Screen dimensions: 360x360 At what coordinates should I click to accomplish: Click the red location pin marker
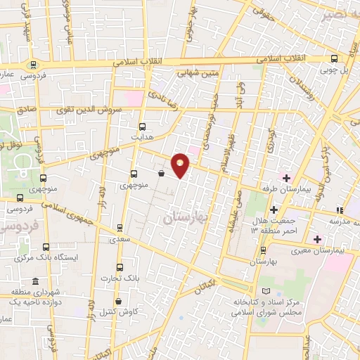coord(181,165)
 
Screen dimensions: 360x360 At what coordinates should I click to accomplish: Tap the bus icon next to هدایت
coord(143,127)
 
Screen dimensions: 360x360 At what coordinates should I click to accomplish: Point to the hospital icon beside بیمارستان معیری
coord(318,240)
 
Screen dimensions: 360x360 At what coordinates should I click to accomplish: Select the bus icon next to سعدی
coord(120,228)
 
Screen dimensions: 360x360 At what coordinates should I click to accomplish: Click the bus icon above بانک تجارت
coord(120,268)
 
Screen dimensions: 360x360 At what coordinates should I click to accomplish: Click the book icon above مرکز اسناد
coord(265,291)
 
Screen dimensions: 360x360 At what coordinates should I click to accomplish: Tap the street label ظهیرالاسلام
coord(226,155)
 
